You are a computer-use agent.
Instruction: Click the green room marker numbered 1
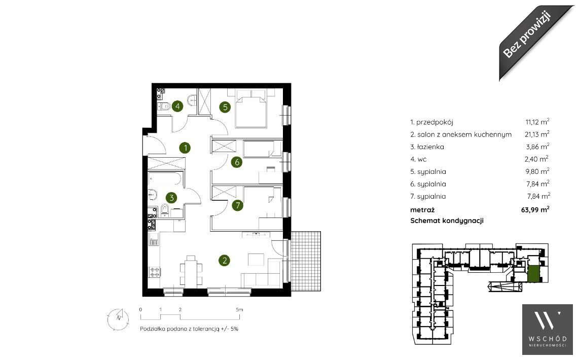click(x=185, y=148)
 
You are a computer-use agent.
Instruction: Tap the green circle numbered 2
click(x=224, y=261)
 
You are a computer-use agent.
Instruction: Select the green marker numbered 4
click(x=177, y=106)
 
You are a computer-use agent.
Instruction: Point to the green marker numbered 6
click(x=236, y=162)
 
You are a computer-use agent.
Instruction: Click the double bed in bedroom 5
click(x=251, y=109)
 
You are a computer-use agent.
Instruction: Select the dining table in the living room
click(x=191, y=271)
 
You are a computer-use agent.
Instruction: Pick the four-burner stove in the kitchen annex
click(x=155, y=272)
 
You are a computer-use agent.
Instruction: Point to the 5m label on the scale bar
click(x=239, y=309)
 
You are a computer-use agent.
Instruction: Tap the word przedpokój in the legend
click(x=435, y=122)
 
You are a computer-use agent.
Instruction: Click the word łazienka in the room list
click(x=430, y=147)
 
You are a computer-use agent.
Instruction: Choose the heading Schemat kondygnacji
click(x=447, y=221)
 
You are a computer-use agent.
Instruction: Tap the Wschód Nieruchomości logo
click(x=548, y=330)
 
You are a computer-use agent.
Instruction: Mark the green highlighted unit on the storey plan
click(x=533, y=274)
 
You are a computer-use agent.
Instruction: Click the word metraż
click(x=422, y=210)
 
